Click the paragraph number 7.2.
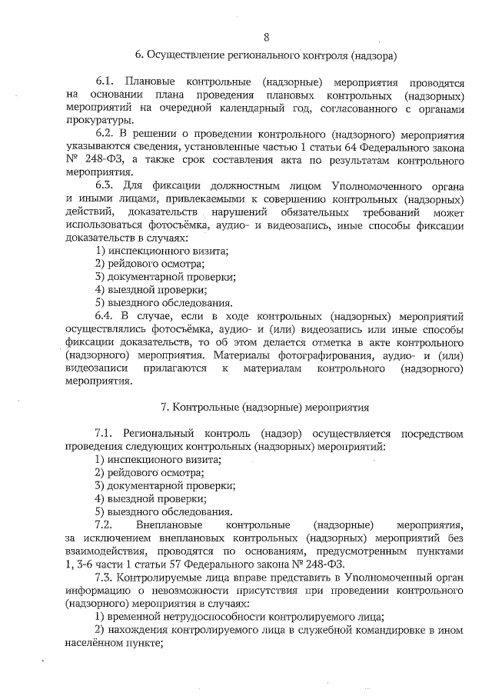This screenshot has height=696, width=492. point(105,524)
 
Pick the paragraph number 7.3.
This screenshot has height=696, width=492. point(105,577)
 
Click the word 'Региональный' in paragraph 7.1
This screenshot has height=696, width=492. point(162,433)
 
